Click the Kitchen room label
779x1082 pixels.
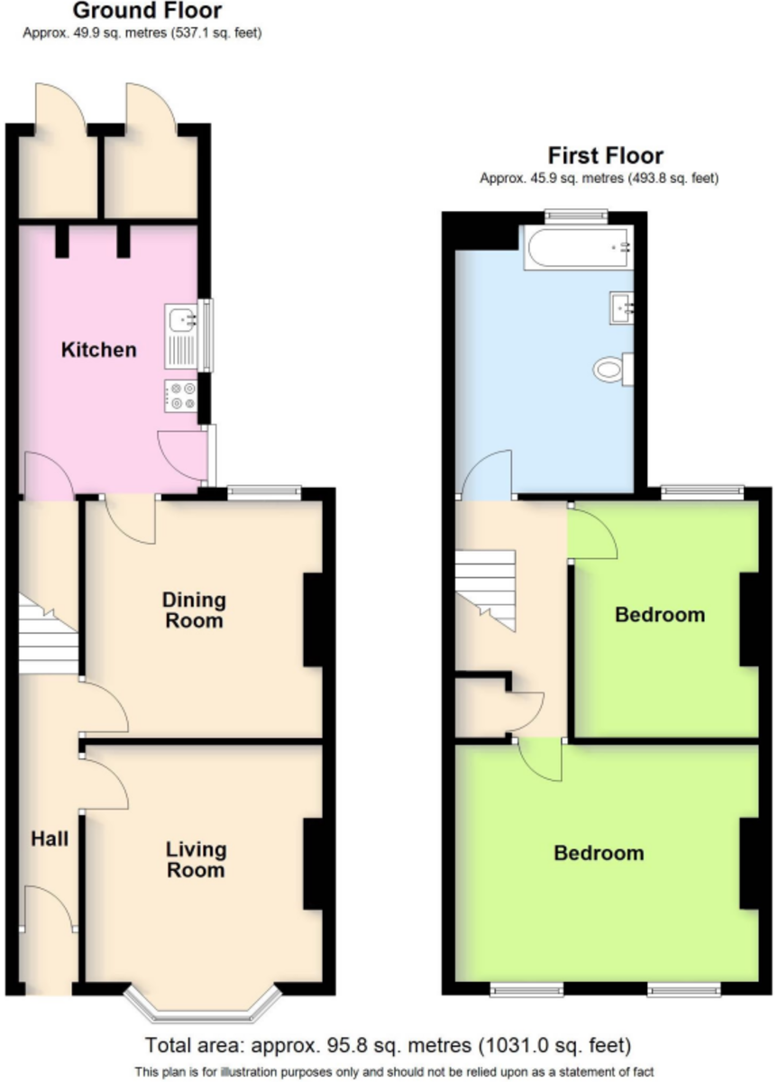(99, 350)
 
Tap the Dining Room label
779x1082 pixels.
(194, 610)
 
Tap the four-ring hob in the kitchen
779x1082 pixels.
(181, 396)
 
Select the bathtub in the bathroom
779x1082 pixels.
(579, 247)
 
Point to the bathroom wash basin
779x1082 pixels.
(622, 307)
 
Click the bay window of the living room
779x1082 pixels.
(203, 1004)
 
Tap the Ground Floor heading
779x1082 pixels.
(147, 11)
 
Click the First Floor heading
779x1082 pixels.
(606, 156)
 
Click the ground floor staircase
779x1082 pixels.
(49, 634)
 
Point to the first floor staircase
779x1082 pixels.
(485, 591)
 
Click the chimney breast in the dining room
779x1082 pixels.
(313, 620)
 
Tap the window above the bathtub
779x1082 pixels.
(576, 217)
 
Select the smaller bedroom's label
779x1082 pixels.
(660, 615)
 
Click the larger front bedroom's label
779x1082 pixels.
(599, 854)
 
